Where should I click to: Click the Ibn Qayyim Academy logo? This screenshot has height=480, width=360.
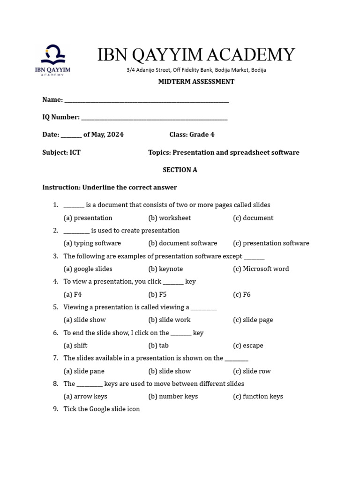[53, 60]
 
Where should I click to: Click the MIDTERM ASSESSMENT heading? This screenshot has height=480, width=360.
[196, 82]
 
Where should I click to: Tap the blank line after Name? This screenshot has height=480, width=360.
[146, 100]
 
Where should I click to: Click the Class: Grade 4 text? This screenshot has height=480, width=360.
[192, 135]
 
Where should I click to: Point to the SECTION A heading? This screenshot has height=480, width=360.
[180, 170]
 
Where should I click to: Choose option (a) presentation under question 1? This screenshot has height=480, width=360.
[88, 218]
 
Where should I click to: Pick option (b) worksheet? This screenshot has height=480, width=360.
[170, 218]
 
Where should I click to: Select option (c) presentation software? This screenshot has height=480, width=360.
[271, 243]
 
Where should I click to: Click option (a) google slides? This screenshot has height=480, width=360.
[88, 269]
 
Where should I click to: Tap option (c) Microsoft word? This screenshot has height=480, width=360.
[261, 269]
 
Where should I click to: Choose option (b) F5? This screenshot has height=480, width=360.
[157, 295]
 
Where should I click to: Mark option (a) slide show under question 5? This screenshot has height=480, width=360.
[84, 320]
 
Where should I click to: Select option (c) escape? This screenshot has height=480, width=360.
[248, 346]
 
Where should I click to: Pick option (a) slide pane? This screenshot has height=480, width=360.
[84, 371]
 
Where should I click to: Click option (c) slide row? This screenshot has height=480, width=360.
[252, 371]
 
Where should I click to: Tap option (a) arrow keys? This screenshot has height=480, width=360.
[85, 397]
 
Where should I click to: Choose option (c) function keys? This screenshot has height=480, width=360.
[258, 397]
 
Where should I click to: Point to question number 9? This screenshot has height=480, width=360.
[55, 409]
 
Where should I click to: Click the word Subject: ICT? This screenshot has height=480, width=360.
[61, 152]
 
